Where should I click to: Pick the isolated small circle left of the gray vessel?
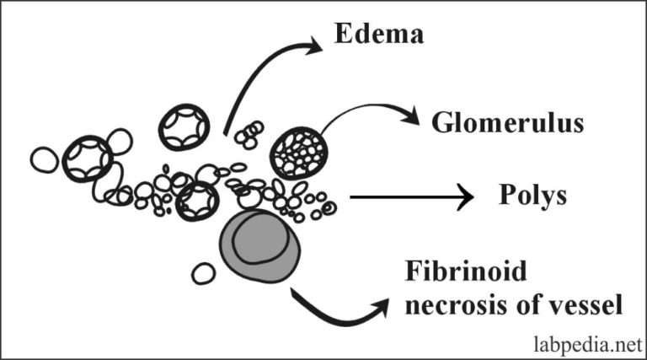point(202,272)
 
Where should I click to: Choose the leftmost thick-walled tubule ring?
point(87,158)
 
